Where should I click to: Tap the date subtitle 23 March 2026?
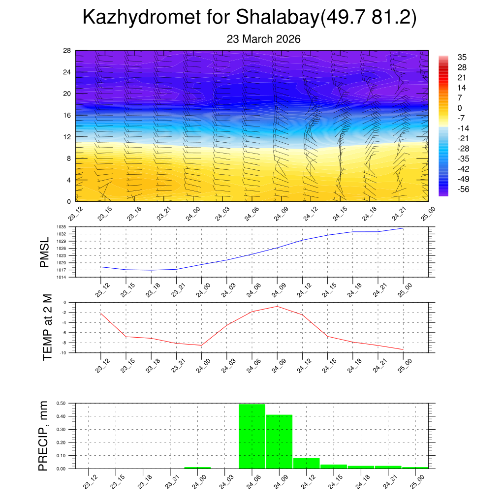click(x=264, y=39)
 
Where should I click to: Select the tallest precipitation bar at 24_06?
click(x=252, y=436)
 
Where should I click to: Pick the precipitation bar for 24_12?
click(x=306, y=463)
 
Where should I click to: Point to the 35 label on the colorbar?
click(x=462, y=57)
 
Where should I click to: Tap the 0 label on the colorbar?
click(x=460, y=108)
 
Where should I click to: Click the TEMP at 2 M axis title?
click(x=47, y=327)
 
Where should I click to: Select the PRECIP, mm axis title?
click(x=44, y=436)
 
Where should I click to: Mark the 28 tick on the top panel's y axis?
click(x=67, y=51)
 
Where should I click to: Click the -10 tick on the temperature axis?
click(x=64, y=353)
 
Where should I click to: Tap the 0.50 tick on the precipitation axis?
click(x=61, y=403)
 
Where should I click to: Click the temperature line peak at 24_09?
click(x=277, y=306)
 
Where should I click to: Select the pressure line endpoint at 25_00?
click(x=403, y=228)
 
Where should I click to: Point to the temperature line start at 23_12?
click(x=101, y=313)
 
